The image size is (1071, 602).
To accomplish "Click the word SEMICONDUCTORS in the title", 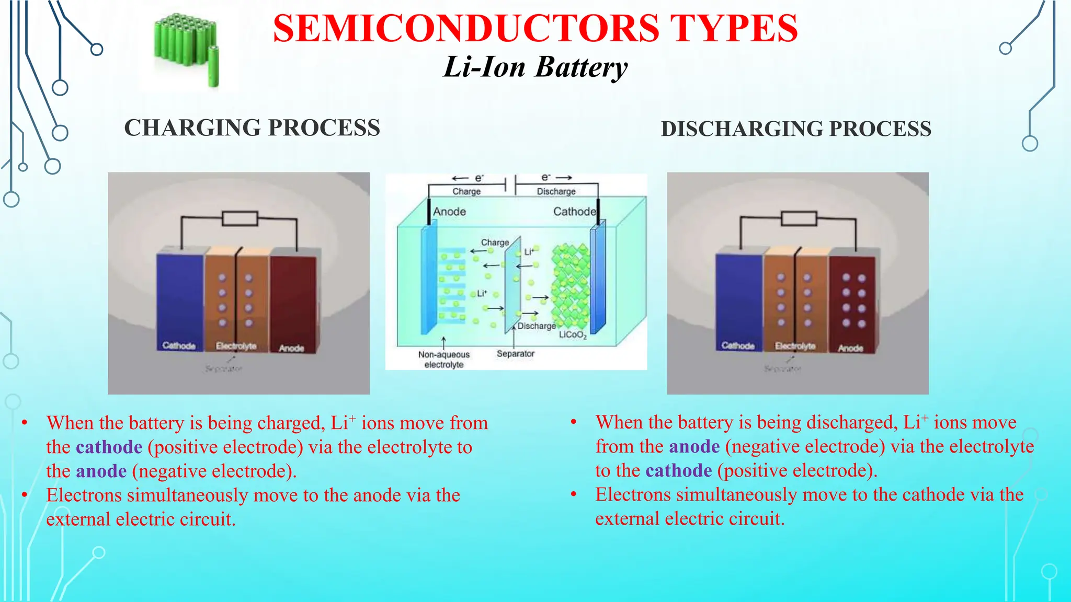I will click(x=465, y=29).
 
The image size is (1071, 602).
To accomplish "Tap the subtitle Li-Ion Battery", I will click(x=535, y=68).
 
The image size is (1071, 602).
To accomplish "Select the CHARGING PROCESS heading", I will click(x=252, y=128).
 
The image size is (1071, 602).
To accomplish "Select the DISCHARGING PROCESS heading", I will click(x=796, y=129).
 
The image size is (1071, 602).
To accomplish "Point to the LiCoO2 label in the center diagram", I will click(x=573, y=335).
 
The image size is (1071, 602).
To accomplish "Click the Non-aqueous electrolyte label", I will click(x=443, y=360).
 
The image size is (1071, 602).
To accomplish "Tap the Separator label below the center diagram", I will click(x=515, y=354).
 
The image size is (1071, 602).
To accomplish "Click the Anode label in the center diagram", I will click(x=449, y=212).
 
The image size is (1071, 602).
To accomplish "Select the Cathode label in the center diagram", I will click(x=574, y=212).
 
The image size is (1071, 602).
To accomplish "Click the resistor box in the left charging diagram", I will click(x=240, y=218).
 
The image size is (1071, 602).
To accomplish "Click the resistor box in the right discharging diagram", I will click(x=799, y=218).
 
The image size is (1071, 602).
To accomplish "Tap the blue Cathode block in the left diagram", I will click(x=179, y=298).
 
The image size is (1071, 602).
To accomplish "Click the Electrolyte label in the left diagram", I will click(x=236, y=346).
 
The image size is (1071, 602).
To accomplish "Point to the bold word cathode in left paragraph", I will click(x=109, y=447).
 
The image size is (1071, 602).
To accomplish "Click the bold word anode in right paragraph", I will click(x=694, y=447).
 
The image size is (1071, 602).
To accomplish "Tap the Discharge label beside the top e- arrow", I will click(x=556, y=192).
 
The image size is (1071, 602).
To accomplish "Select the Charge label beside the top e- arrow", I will click(x=466, y=192).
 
